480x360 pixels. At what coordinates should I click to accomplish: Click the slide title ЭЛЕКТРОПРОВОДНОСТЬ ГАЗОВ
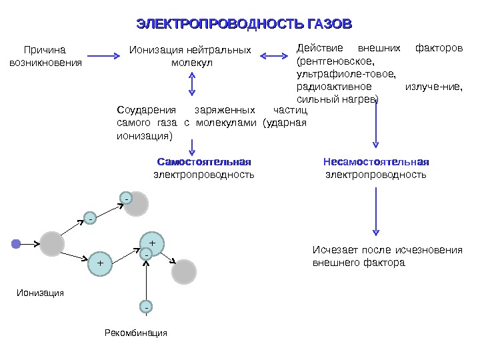point(244,25)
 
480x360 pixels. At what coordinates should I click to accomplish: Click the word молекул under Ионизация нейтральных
point(191,63)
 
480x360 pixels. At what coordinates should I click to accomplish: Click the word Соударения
point(145,109)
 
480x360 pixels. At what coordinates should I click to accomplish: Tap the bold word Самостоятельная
point(203,162)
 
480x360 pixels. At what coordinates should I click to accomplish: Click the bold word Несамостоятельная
point(376,162)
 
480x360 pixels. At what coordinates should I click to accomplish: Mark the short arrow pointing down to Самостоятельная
point(192,146)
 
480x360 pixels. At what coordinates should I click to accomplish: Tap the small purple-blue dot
point(16,244)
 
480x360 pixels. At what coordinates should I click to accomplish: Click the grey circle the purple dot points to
point(52,244)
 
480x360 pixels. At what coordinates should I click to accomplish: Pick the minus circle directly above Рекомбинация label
point(145,307)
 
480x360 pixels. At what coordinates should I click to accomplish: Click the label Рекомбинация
point(136,333)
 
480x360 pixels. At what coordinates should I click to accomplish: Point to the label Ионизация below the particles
point(40,292)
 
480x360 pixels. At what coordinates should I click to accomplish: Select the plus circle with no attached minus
point(101,263)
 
